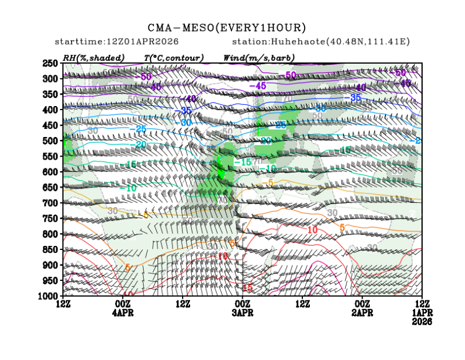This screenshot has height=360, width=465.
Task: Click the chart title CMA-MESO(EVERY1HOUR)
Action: pos(227,28)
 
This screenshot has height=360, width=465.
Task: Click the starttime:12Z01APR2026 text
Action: pos(117,42)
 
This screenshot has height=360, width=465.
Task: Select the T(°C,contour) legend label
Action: pos(174,58)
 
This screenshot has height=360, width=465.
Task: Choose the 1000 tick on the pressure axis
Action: pos(50,296)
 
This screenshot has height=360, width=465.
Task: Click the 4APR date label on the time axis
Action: pos(123,313)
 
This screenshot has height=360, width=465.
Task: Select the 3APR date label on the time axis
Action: pos(242,313)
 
